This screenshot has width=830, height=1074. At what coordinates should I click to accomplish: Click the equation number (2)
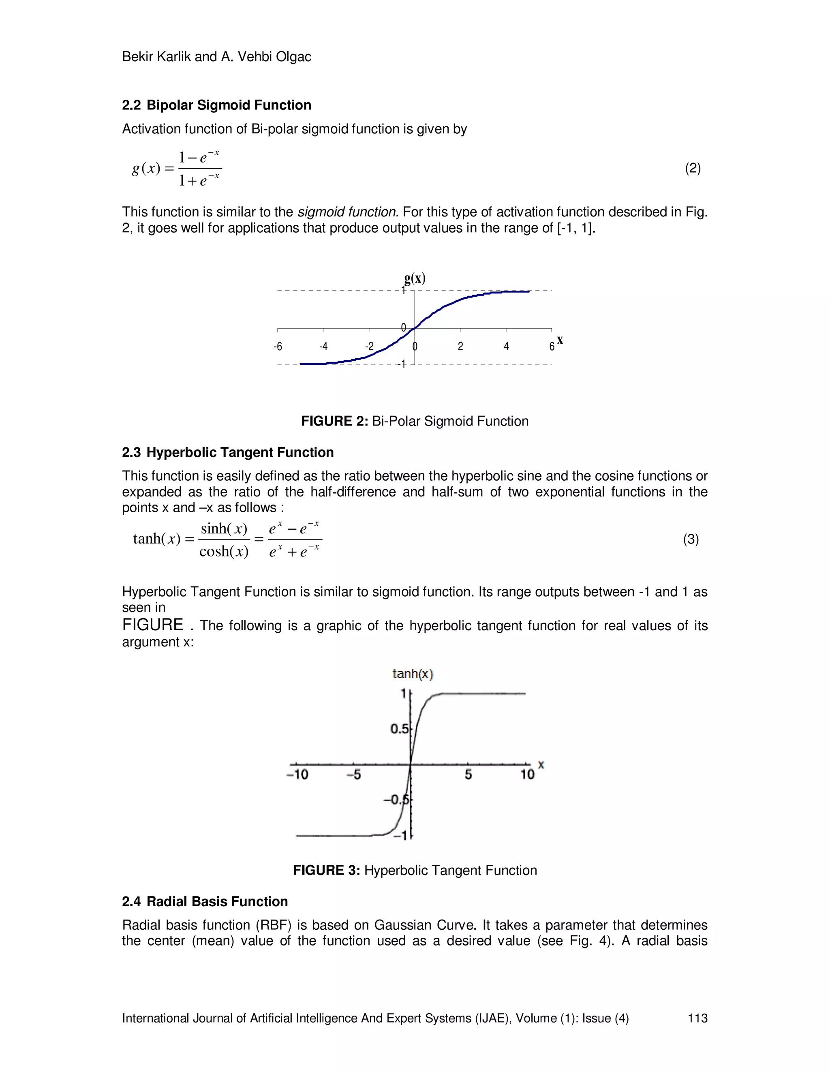(692, 169)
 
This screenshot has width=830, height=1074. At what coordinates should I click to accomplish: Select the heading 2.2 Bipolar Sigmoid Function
(216, 105)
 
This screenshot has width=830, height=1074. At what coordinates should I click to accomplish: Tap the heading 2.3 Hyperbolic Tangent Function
(228, 452)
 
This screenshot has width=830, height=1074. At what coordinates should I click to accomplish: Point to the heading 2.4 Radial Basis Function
(205, 901)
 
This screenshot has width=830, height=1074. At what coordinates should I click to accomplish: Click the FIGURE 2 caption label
(334, 421)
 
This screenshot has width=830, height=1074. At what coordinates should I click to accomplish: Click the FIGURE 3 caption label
(327, 871)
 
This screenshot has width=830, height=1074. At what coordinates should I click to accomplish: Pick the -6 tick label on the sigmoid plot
(278, 347)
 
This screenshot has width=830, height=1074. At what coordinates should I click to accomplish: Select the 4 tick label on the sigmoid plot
(506, 347)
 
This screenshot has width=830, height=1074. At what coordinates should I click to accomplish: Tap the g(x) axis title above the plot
(415, 278)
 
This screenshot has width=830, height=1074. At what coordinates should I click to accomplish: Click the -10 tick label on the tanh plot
(297, 774)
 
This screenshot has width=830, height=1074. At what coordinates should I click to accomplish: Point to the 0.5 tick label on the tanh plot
(399, 728)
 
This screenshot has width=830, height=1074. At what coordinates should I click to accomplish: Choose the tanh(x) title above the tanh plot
(413, 674)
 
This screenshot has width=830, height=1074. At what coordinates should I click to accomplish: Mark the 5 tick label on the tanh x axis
(468, 774)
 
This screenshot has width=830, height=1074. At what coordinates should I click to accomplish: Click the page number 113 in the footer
(697, 1018)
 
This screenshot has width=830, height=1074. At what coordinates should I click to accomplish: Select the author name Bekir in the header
(137, 57)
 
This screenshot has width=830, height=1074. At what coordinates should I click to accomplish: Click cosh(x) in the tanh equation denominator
(224, 551)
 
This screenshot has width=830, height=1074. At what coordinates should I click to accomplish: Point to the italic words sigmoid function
(348, 212)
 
